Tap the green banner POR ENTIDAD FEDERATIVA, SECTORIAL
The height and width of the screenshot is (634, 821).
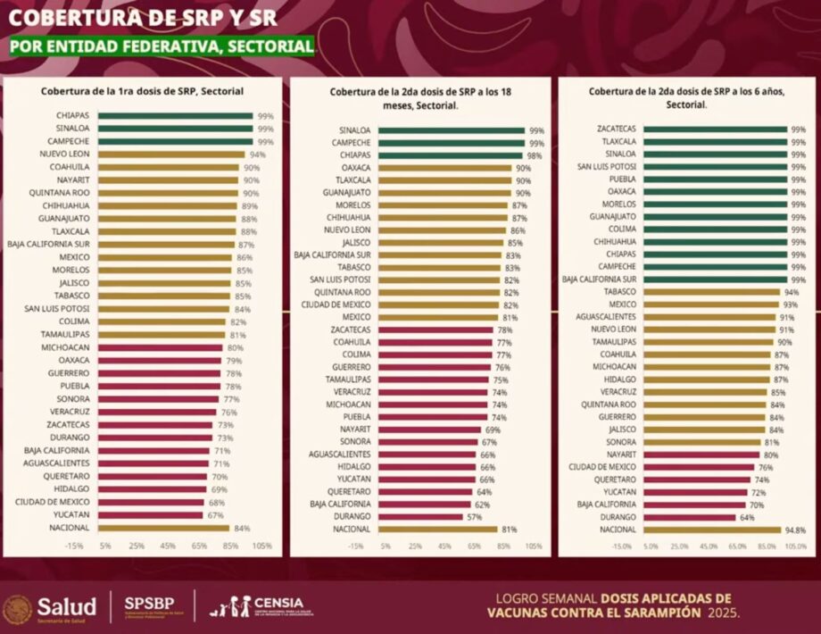click(162, 46)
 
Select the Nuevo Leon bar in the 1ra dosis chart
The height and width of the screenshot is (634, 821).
click(170, 154)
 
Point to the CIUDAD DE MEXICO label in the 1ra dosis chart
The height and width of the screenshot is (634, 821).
click(55, 502)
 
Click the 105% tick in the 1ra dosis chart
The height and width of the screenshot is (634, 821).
click(262, 546)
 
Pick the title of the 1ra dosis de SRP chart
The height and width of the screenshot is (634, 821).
click(143, 91)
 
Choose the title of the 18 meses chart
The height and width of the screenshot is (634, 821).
click(419, 97)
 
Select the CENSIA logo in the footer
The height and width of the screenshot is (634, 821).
click(258, 606)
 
